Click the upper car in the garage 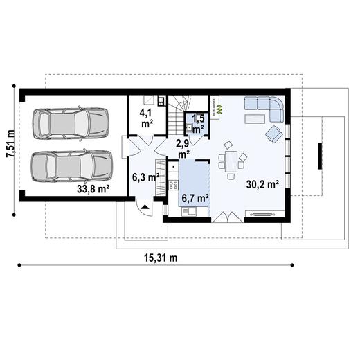click(71, 123)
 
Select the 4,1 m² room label click(146, 117)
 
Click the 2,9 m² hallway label click(183, 149)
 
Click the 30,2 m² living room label click(262, 185)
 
